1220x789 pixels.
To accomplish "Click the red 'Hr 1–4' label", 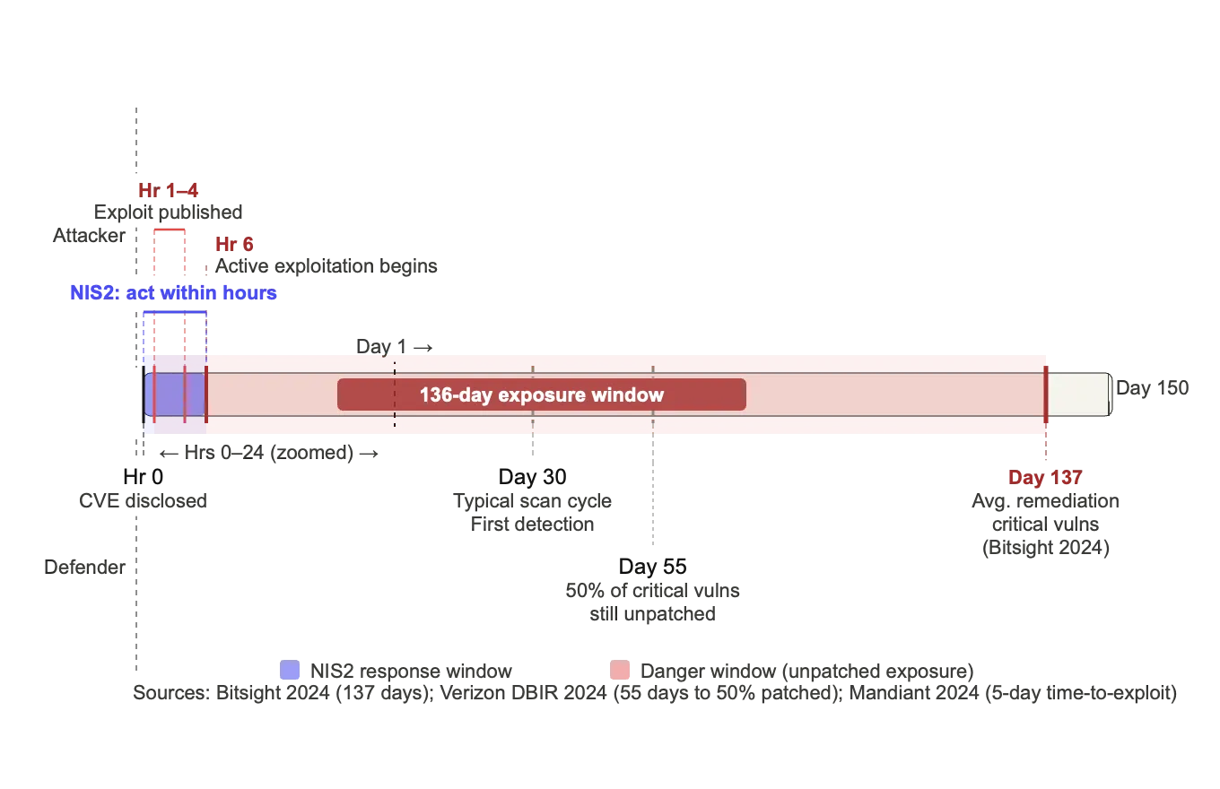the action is click(168, 190).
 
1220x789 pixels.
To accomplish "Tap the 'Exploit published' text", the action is click(168, 212).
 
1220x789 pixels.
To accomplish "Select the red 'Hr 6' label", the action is click(234, 244).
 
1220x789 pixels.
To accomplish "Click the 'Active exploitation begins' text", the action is click(327, 265).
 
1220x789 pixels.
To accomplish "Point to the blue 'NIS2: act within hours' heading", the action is click(173, 292).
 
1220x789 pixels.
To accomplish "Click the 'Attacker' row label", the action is click(89, 235).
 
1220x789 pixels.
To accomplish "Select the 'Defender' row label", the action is click(84, 567).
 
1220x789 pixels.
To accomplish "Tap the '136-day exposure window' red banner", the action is click(542, 394).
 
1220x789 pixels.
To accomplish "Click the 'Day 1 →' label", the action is click(395, 346).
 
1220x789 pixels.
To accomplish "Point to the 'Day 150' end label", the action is click(1152, 387).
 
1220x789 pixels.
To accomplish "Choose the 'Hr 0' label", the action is click(143, 476).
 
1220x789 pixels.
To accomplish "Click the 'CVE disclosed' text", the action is click(143, 500).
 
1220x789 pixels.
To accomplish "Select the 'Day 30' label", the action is click(532, 476).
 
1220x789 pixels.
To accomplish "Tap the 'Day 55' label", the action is click(652, 567).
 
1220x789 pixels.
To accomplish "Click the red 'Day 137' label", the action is click(1045, 477).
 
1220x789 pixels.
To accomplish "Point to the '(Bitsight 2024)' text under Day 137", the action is click(1045, 547).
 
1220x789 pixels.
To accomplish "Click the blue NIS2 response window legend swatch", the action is click(290, 670).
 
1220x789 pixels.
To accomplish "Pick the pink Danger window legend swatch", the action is click(620, 670).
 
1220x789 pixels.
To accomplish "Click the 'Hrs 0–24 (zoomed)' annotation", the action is click(269, 453).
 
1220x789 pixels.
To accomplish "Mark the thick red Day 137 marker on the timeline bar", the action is click(1046, 394).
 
